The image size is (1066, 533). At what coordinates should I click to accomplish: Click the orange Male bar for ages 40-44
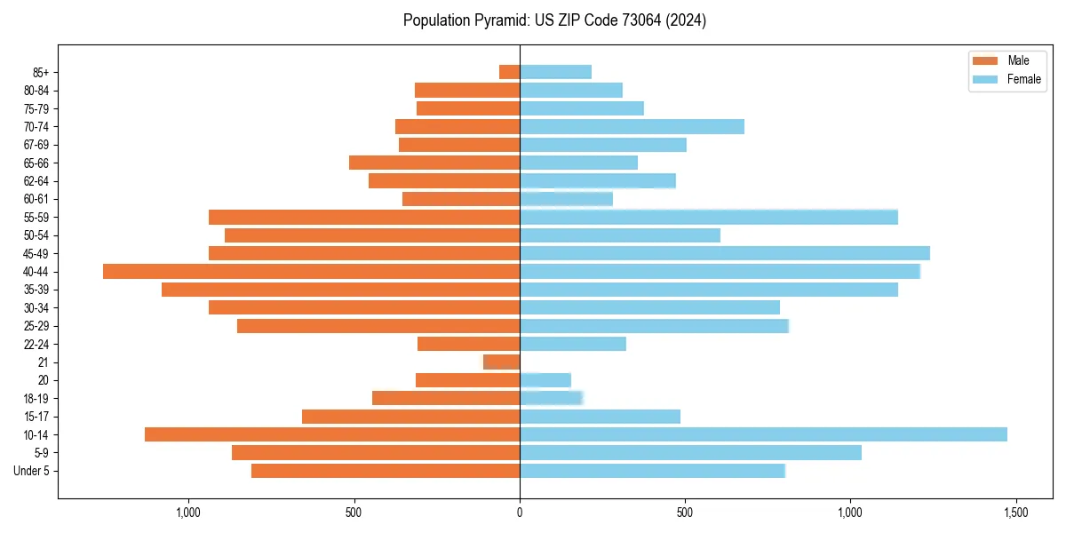tap(311, 271)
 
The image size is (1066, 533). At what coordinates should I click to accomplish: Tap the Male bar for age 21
tap(502, 362)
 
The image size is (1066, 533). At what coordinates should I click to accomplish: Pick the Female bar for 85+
tap(555, 72)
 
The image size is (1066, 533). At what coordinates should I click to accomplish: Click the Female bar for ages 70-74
tap(632, 126)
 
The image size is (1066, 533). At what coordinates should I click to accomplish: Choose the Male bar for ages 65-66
tap(434, 163)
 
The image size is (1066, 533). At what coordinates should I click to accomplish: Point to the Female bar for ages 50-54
tap(620, 235)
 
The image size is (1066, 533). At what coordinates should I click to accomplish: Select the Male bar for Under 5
tap(386, 471)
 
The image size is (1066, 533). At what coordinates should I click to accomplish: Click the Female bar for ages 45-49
tap(724, 253)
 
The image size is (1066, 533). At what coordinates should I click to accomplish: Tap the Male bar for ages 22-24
tap(468, 344)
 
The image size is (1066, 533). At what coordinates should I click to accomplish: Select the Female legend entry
tap(1007, 79)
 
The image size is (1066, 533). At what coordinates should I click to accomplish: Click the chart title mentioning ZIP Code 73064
tap(554, 20)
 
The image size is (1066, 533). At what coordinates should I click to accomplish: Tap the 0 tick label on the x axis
tap(520, 513)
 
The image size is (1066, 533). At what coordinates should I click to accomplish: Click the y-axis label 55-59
tap(36, 218)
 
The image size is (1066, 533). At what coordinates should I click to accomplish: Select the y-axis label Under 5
tap(32, 471)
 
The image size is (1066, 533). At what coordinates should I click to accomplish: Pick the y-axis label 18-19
tap(36, 398)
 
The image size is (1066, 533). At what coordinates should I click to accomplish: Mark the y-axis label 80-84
tap(36, 91)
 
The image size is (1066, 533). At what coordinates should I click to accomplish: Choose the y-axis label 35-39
tap(36, 290)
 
